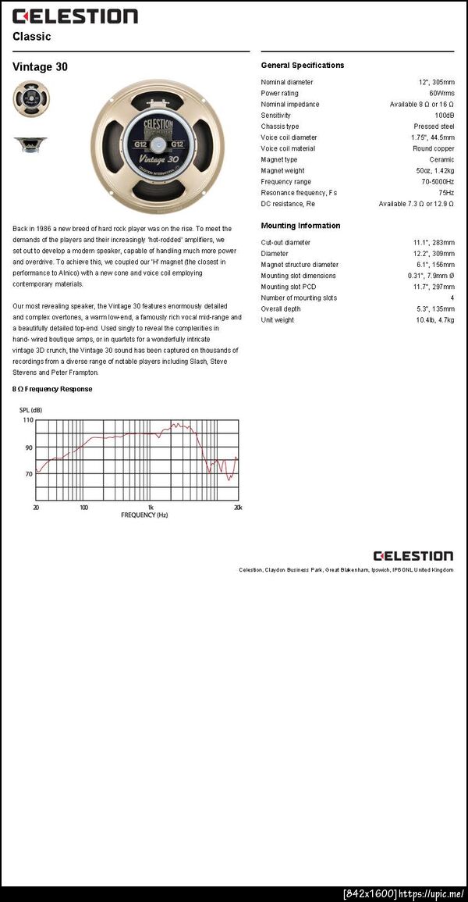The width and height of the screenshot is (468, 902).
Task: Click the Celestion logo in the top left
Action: (x=75, y=16)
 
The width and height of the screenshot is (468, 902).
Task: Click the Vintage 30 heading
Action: (x=40, y=67)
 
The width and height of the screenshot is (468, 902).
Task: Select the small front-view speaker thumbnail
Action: (x=30, y=98)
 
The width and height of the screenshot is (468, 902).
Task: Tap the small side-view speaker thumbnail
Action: (x=30, y=144)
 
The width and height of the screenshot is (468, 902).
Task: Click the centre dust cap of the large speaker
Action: (x=157, y=146)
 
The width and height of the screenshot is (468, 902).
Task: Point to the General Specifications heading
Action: (x=302, y=66)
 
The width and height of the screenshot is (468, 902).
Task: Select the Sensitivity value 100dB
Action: (x=445, y=115)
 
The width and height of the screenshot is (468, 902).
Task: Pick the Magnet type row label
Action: (x=279, y=159)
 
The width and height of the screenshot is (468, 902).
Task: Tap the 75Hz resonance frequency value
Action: (x=446, y=192)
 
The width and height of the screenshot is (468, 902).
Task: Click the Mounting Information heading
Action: (x=300, y=226)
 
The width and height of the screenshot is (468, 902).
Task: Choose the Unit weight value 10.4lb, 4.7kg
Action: (x=435, y=320)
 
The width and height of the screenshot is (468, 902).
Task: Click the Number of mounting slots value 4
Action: (x=452, y=298)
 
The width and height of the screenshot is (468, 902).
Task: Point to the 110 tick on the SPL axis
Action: (x=28, y=420)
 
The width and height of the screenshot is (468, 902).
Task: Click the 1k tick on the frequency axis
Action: (x=151, y=508)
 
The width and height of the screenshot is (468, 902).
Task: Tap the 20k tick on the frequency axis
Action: (x=238, y=508)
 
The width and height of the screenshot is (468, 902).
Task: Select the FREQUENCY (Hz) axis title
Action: (x=144, y=515)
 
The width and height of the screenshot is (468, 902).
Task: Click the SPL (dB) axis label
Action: (x=31, y=410)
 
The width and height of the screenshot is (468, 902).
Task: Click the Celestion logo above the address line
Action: (x=413, y=556)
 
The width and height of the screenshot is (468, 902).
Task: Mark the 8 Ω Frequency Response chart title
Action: (x=52, y=389)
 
